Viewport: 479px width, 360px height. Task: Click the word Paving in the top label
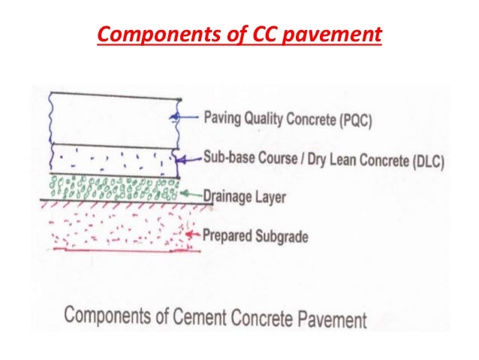pos(224,118)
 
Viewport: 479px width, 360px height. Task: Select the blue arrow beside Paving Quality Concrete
pos(187,116)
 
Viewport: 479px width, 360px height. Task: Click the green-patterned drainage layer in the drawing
pos(113,187)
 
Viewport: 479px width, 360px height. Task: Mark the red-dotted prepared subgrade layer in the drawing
pos(113,225)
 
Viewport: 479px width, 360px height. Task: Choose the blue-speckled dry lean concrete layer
pos(113,159)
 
